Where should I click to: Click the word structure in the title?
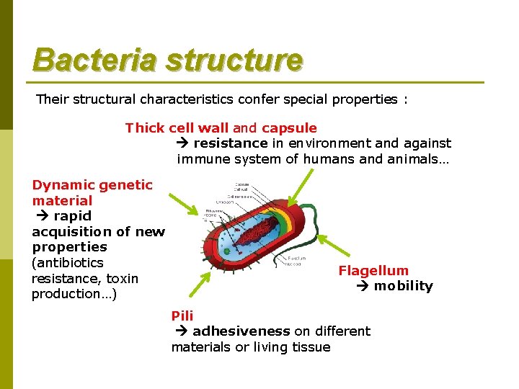pyautogui.click(x=234, y=61)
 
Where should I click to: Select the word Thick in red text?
pyautogui.click(x=144, y=128)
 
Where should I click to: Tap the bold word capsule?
pyautogui.click(x=289, y=128)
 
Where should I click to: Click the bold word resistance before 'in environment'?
pyautogui.click(x=230, y=143)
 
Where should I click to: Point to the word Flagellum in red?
pyautogui.click(x=373, y=271)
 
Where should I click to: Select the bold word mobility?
pyautogui.click(x=403, y=286)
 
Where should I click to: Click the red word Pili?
pyautogui.click(x=182, y=316)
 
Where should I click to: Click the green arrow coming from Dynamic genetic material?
pyautogui.click(x=183, y=205)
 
